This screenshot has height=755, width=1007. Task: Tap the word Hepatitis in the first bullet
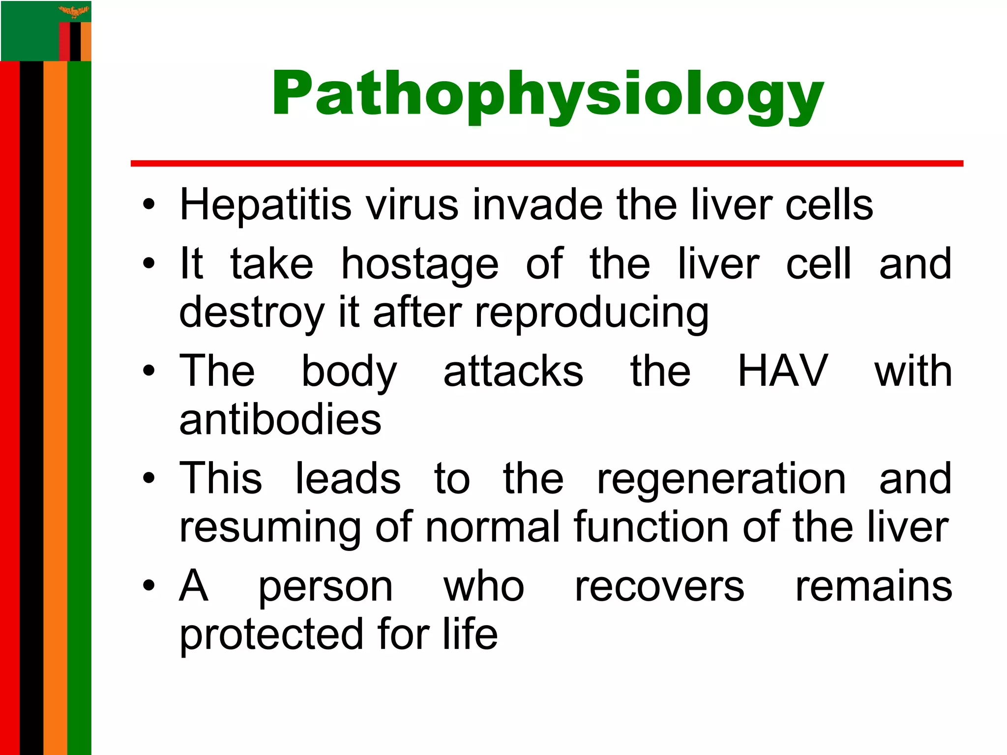coord(266,204)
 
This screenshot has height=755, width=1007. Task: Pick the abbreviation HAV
coord(783,371)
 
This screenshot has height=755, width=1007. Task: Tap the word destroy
coord(252,313)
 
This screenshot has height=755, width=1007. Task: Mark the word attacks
coord(513,371)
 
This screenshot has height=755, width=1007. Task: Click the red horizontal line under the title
coord(546,163)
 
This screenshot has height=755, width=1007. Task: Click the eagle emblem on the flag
coord(74,11)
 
